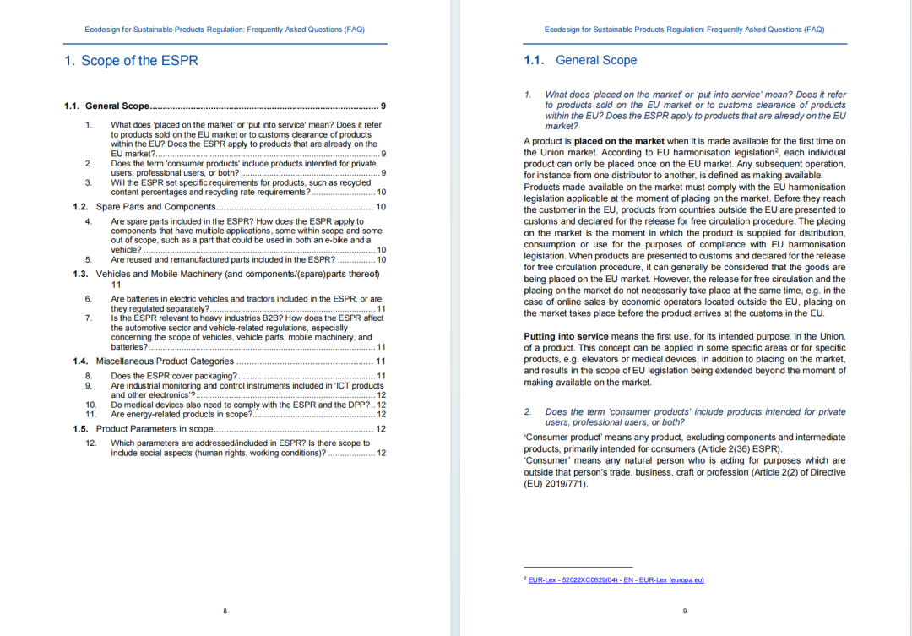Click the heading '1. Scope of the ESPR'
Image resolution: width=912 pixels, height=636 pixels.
131,61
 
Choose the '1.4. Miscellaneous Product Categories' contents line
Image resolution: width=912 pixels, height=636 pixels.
165,361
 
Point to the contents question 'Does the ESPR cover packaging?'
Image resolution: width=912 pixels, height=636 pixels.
174,376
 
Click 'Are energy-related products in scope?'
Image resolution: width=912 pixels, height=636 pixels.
182,415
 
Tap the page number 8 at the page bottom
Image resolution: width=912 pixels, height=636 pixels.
225,611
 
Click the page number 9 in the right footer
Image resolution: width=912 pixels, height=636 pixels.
684,611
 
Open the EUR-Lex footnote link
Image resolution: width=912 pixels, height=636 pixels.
616,580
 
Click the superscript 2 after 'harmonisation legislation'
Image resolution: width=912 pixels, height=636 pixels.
776,150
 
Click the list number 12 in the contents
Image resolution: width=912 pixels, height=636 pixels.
91,443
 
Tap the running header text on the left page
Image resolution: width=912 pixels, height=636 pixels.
225,30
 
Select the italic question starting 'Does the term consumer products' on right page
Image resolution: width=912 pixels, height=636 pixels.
695,416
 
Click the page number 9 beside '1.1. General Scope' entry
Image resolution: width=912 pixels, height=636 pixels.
383,106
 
